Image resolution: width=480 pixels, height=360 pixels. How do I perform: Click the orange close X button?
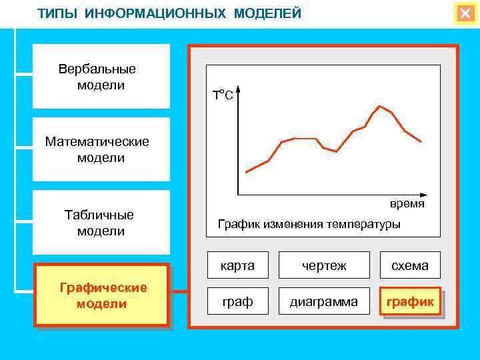(465, 13)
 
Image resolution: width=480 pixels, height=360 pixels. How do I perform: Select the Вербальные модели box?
(101, 77)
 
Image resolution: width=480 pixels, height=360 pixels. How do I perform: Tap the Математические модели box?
(101, 150)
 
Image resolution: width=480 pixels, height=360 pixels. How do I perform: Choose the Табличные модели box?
(101, 223)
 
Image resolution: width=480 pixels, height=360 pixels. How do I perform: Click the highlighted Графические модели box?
(102, 295)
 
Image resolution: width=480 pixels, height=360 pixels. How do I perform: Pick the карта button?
(238, 265)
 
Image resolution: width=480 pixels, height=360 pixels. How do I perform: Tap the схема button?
(410, 265)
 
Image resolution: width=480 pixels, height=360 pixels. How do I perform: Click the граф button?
(238, 302)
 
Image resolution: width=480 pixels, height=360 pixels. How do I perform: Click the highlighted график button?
(410, 302)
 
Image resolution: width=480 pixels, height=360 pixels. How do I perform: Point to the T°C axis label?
(223, 95)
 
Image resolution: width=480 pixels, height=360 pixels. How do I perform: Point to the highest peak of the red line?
(380, 105)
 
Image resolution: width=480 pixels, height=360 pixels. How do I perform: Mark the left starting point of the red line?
(247, 173)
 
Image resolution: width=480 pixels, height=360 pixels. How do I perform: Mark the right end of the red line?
(421, 141)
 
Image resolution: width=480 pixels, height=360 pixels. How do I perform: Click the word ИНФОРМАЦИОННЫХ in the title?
(158, 14)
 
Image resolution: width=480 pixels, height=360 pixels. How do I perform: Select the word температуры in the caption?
(364, 224)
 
